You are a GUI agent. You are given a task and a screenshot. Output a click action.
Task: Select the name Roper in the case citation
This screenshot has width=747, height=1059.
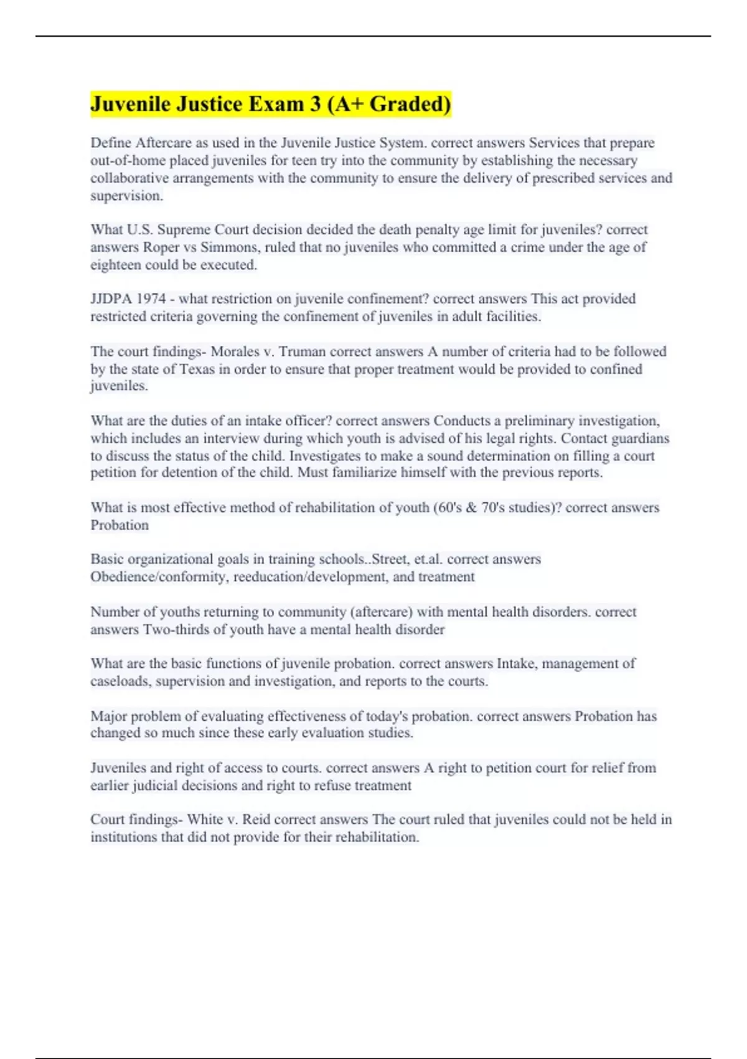(161, 247)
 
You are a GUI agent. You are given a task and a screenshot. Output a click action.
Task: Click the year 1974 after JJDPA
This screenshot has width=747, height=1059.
(149, 299)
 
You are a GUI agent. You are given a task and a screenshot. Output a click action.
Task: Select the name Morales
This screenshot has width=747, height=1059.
(233, 351)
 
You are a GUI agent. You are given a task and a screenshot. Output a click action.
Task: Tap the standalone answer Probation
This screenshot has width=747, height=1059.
(120, 525)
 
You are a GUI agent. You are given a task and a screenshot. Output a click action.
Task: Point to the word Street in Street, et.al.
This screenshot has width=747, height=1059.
(389, 559)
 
